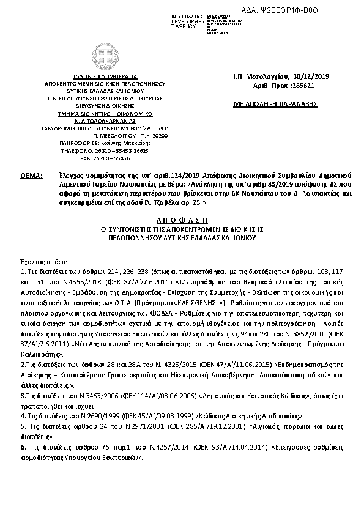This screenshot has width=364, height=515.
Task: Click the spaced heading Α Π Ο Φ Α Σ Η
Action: tap(182, 219)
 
